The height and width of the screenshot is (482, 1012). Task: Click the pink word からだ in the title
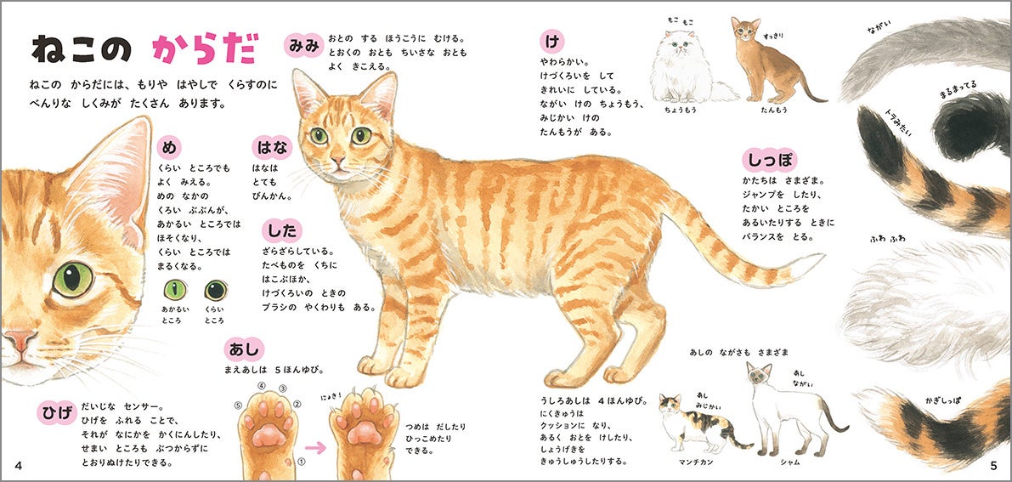point(206,48)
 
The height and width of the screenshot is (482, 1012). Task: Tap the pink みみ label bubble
point(303,45)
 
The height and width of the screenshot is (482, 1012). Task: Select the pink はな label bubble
point(272,148)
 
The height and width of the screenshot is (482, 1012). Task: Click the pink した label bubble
point(282,230)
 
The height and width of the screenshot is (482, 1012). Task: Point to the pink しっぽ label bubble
point(769,160)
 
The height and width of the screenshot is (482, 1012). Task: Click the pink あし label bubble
point(244,349)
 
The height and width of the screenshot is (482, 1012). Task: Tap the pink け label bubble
point(551,42)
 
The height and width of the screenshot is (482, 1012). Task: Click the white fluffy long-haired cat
point(688,69)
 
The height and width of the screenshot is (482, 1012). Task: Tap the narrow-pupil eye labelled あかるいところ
point(175,290)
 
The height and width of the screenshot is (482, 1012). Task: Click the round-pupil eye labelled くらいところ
point(216,290)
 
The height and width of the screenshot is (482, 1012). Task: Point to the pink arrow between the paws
point(315,447)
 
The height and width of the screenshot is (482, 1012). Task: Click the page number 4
point(18,466)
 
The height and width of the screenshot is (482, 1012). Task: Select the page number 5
point(994,466)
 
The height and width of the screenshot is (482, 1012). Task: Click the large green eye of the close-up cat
point(73,280)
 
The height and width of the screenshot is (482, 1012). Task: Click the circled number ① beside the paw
point(300,462)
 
